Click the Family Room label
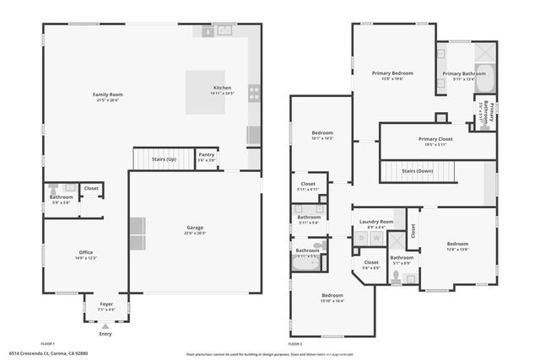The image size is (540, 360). [108, 95]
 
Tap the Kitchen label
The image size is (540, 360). [222, 89]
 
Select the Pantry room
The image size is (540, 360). [207, 157]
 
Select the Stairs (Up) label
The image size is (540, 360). [165, 158]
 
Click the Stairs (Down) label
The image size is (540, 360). [418, 170]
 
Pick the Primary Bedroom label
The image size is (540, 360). [392, 74]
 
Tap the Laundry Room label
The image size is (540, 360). [376, 222]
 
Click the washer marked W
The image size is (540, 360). [376, 239]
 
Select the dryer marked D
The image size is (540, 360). [362, 239]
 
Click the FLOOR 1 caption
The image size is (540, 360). [47, 344]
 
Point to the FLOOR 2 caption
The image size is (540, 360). [294, 344]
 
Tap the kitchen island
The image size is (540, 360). [205, 92]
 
